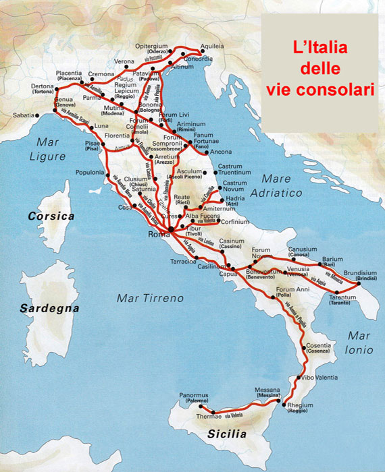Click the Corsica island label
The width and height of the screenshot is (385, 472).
[x=51, y=216]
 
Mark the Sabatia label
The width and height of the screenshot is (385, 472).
[x=22, y=115]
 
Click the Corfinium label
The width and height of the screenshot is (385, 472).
[x=236, y=221]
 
